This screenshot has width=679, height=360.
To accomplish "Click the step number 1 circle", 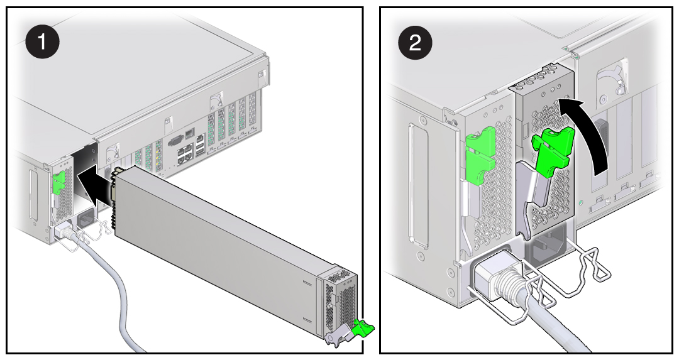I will point(42,42).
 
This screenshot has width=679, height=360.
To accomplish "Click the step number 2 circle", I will point(416,42).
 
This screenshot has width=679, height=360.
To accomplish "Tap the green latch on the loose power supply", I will point(363,326).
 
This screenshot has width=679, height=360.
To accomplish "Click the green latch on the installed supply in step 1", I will point(60,183).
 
